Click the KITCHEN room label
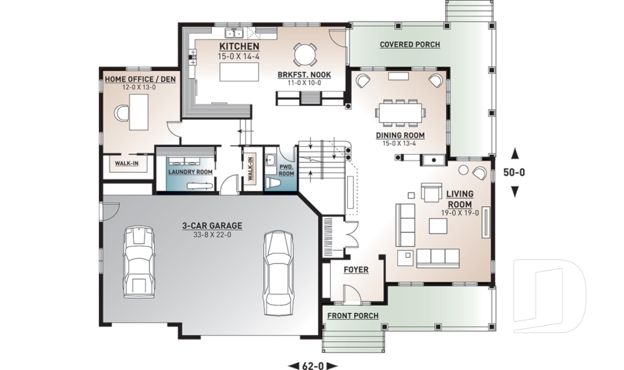pyautogui.click(x=239, y=47)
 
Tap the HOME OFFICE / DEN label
pyautogui.click(x=140, y=79)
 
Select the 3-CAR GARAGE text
pyautogui.click(x=212, y=226)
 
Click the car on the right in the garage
pyautogui.click(x=278, y=270)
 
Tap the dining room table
pyautogui.click(x=400, y=112)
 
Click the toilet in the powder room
pyautogui.click(x=273, y=184)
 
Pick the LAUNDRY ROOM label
pyautogui.click(x=190, y=172)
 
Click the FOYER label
pyautogui.click(x=356, y=270)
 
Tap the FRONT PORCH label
pyautogui.click(x=353, y=316)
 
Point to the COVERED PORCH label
pyautogui.click(x=409, y=45)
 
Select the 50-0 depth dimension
pyautogui.click(x=515, y=172)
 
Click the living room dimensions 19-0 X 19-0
pyautogui.click(x=460, y=213)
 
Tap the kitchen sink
pyautogui.click(x=233, y=33)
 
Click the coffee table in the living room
pyautogui.click(x=437, y=225)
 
